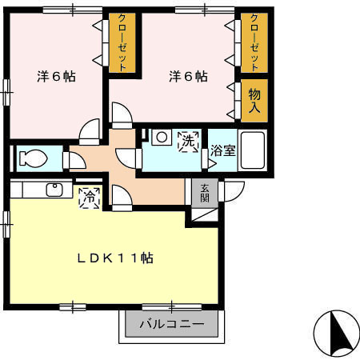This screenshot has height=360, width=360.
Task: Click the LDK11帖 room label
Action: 115,258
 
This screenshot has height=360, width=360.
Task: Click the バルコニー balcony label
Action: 170,325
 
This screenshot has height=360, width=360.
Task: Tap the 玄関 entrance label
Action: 205,192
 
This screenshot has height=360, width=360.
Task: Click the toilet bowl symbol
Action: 34,158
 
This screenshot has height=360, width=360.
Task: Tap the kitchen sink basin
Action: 55,190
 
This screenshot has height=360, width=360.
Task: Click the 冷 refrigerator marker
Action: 89,195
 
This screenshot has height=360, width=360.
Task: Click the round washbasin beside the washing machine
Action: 162,137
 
